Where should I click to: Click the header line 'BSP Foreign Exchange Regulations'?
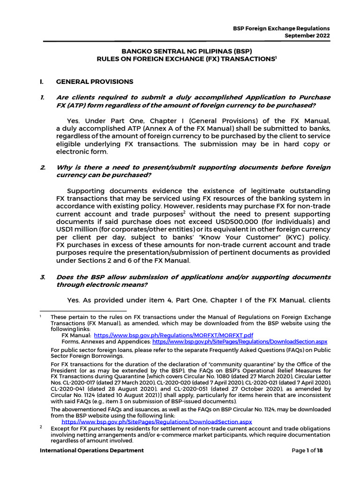pos(281,28)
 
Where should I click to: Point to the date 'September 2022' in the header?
pos(307,36)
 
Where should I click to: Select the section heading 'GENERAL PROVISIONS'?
pos(95,82)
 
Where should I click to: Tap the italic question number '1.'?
pos(42,97)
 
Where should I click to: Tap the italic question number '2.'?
pos(42,167)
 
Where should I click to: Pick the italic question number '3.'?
pos(42,277)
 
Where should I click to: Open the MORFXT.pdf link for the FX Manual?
pos(173,336)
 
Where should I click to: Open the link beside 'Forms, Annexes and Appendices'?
pos(240,343)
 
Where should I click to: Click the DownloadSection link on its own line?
pos(157,422)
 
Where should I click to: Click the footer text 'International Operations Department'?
pos(92,450)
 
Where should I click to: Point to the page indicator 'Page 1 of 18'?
pos(307,450)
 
